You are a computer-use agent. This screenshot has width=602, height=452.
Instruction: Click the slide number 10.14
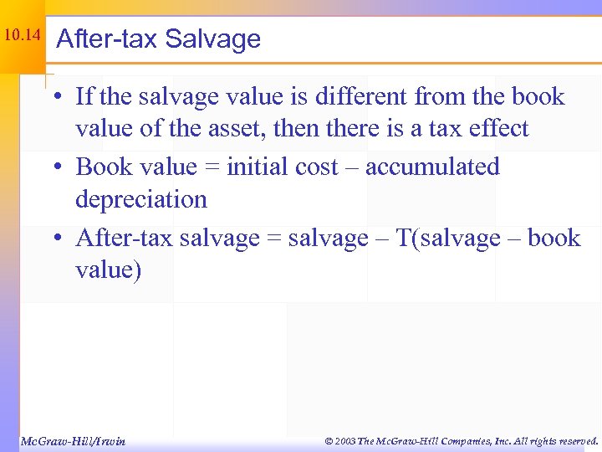(22, 35)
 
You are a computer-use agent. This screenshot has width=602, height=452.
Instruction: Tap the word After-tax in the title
(106, 39)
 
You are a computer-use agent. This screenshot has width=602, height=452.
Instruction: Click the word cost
(318, 167)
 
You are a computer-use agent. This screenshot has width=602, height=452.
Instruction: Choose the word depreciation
(141, 200)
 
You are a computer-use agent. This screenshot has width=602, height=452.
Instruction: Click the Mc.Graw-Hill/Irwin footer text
(72, 440)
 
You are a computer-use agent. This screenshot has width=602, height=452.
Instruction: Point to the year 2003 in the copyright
(344, 440)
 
